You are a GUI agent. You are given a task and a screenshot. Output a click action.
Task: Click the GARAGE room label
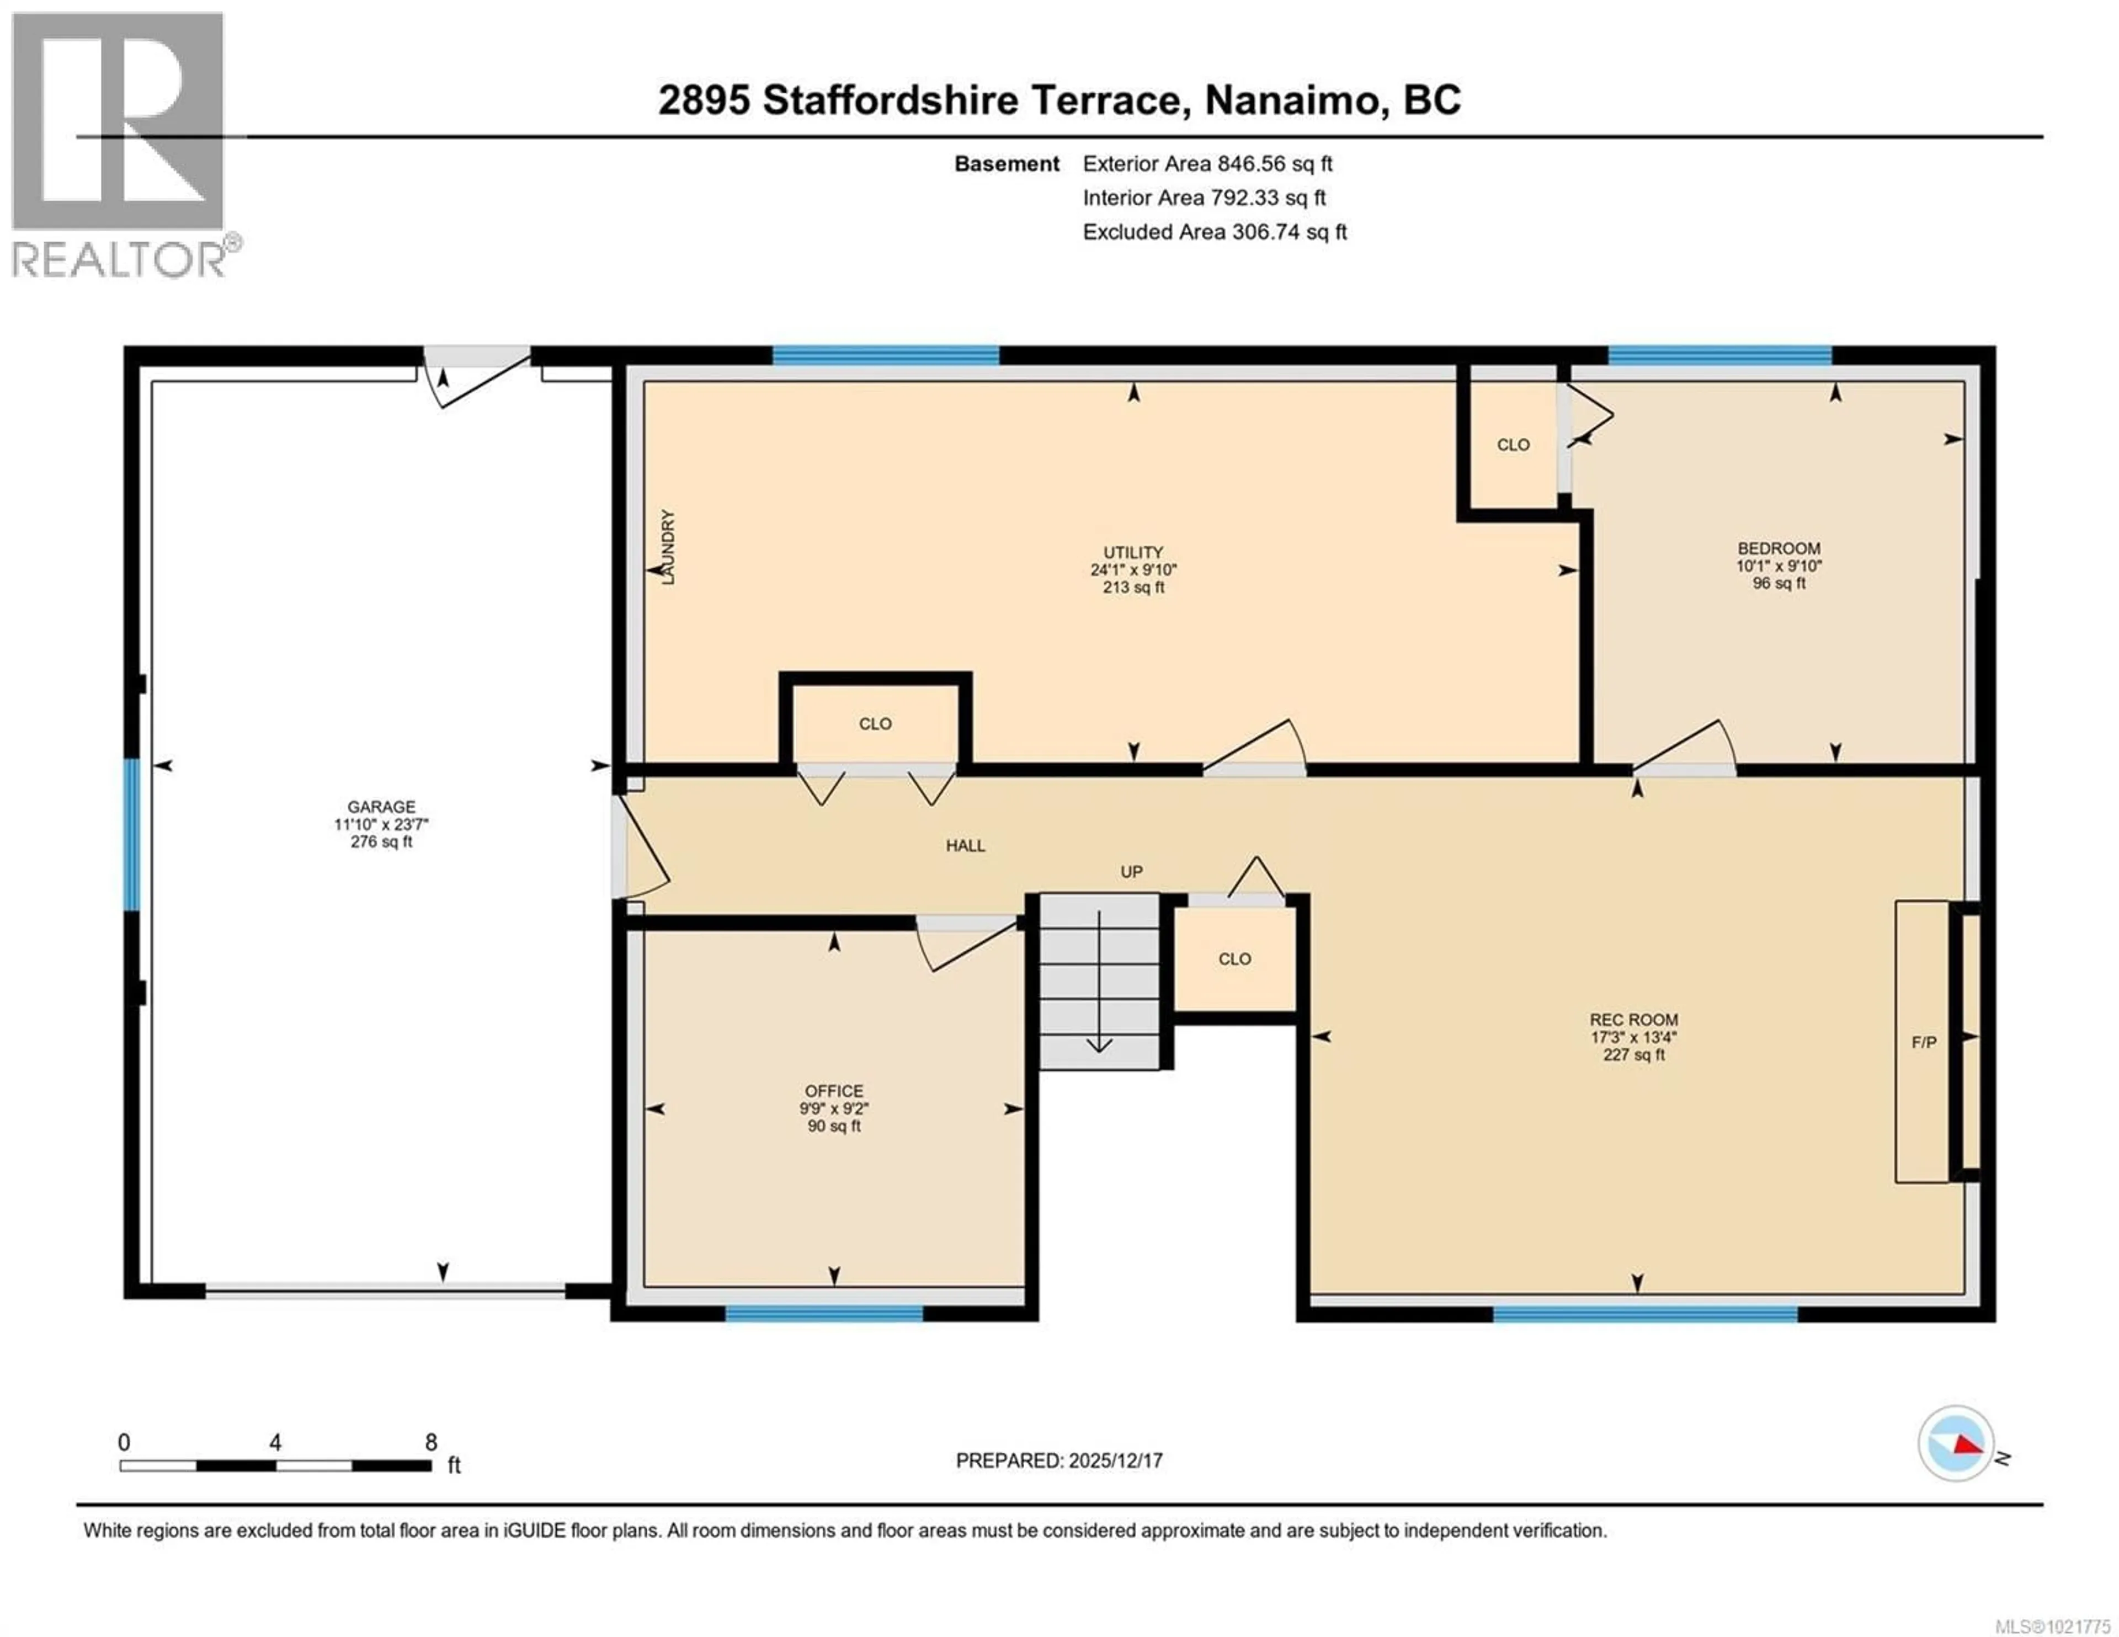tap(381, 807)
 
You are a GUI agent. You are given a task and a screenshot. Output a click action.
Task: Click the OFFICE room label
tap(833, 1091)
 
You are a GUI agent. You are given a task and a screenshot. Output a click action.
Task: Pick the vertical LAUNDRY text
tap(668, 546)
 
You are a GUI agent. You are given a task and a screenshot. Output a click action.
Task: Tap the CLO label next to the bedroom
tap(1513, 445)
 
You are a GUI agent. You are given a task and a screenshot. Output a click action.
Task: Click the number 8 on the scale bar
tap(431, 1443)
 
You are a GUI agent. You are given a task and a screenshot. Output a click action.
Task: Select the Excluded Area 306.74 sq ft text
tap(1214, 232)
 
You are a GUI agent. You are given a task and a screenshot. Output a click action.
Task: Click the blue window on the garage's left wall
tap(132, 835)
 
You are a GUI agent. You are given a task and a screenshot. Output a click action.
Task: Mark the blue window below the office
tap(824, 1314)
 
